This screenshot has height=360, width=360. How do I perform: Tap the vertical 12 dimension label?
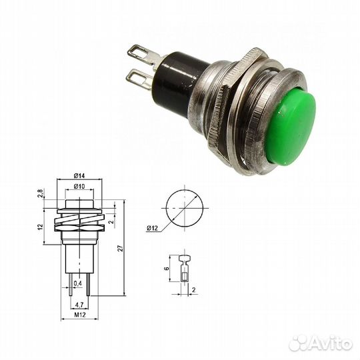click(40, 227)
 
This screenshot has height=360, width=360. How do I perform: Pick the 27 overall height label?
click(120, 248)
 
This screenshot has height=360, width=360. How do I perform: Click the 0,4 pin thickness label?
click(79, 284)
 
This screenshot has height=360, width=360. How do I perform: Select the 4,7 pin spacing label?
click(79, 304)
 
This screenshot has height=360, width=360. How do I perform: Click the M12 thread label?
click(79, 315)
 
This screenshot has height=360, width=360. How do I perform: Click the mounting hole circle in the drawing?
click(181, 208)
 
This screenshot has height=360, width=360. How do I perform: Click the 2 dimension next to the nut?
click(111, 223)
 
